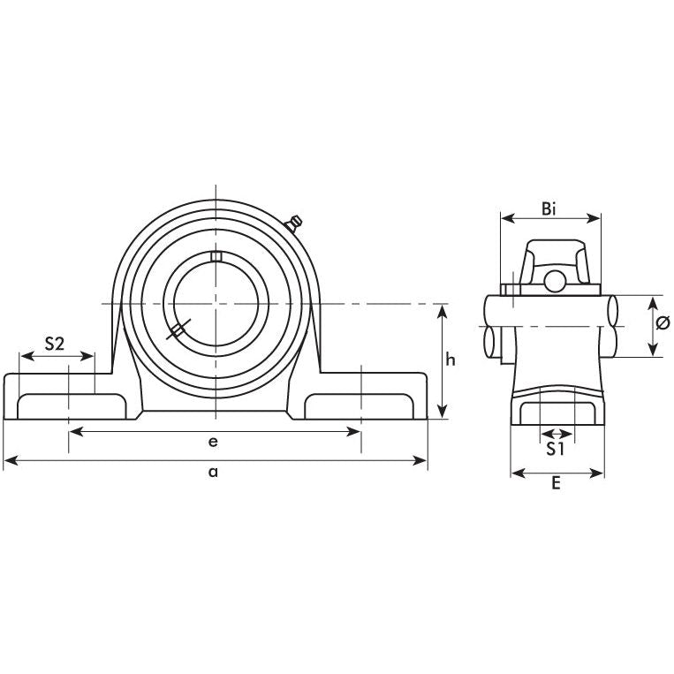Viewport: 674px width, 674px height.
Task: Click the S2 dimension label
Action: [x=54, y=345]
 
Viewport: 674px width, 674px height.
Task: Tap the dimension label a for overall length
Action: [x=213, y=472]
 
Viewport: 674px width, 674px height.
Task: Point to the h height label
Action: [x=450, y=360]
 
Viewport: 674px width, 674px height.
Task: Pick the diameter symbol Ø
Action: [x=663, y=325]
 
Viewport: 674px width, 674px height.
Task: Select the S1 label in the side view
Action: [x=555, y=450]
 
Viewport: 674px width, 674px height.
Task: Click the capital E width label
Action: [x=557, y=485]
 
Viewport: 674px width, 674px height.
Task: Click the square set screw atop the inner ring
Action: [x=214, y=256]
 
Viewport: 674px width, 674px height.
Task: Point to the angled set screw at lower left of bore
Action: [x=176, y=331]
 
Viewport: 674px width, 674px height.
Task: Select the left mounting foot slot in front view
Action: [x=68, y=406]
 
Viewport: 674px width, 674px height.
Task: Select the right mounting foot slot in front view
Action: [x=360, y=406]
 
